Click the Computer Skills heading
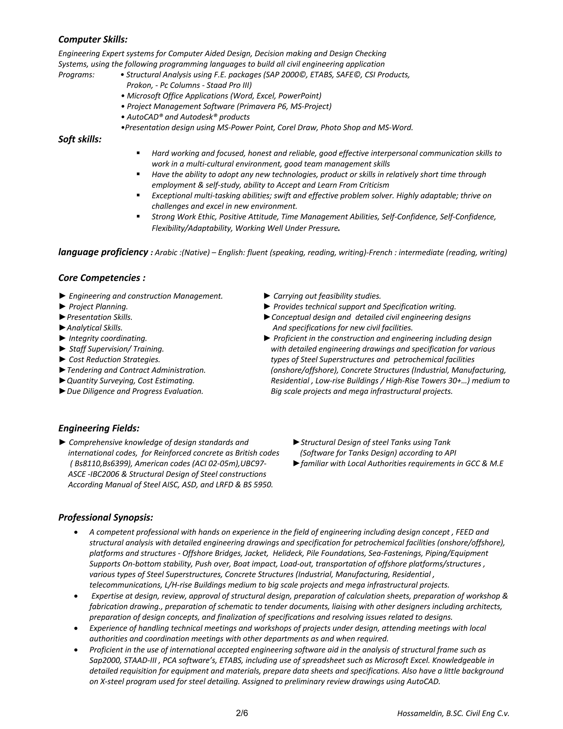click(x=93, y=40)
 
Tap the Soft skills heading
click(x=80, y=139)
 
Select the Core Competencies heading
click(x=102, y=278)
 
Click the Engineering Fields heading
click(x=99, y=428)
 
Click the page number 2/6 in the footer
click(x=242, y=713)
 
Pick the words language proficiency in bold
click(x=103, y=252)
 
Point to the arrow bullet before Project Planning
click(x=62, y=306)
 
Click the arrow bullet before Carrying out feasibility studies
click(x=267, y=296)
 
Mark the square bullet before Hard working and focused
click(x=138, y=153)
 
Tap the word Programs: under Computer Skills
click(x=76, y=75)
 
